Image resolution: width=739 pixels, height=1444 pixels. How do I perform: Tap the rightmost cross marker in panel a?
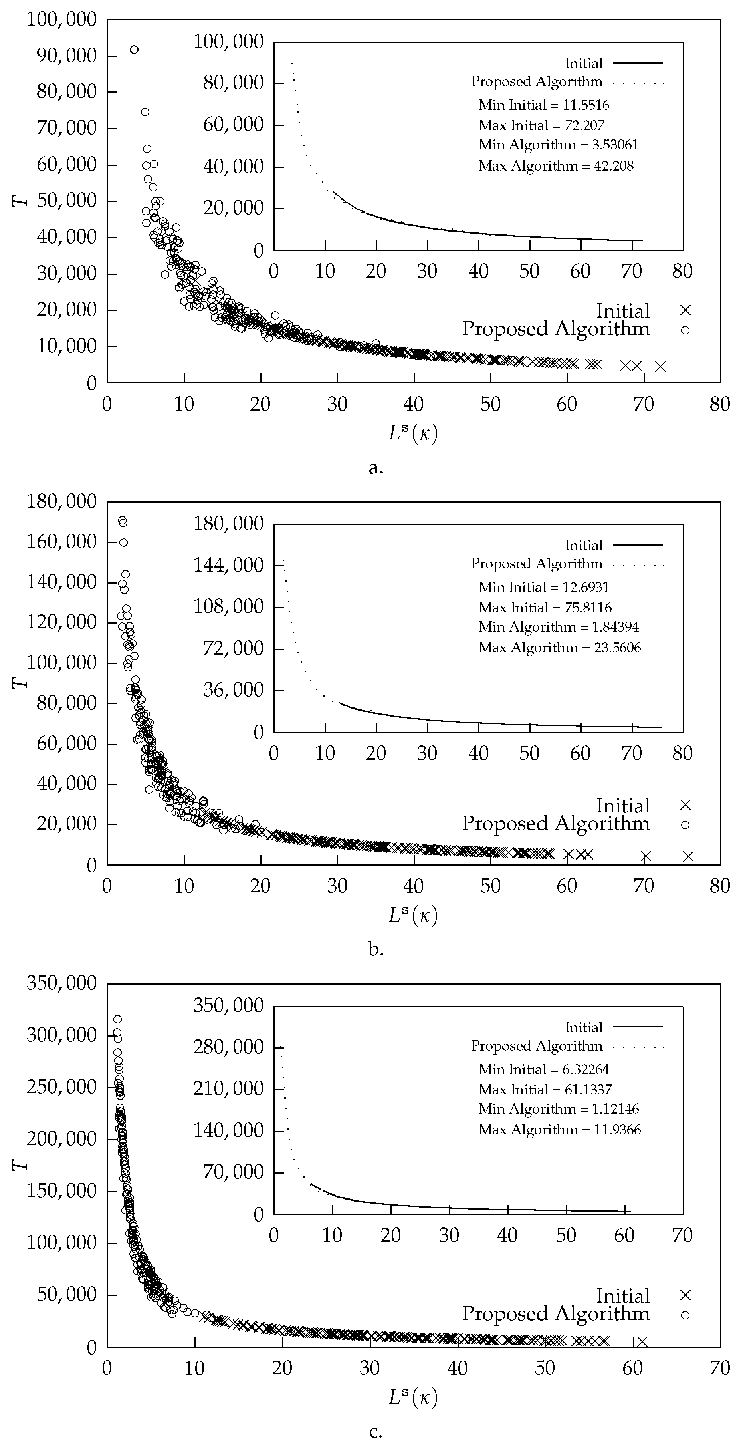[x=661, y=367]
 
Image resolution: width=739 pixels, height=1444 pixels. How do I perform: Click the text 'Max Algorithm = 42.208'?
[x=556, y=166]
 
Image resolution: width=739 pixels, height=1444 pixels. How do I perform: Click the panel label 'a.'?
[x=376, y=467]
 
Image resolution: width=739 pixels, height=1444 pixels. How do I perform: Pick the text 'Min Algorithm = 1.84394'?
[x=558, y=627]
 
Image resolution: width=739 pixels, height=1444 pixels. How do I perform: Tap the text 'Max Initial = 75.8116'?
[x=545, y=608]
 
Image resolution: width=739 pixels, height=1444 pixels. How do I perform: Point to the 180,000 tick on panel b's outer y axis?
[x=61, y=501]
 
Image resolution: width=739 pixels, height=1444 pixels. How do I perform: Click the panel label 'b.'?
[x=376, y=949]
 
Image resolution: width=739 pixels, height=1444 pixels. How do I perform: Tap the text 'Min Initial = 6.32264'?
[x=543, y=1069]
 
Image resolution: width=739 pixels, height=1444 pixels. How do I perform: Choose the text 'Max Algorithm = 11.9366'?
[x=559, y=1130]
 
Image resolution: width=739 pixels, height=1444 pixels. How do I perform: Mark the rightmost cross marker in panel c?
[x=642, y=1341]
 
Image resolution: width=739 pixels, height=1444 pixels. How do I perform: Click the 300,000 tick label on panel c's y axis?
[x=61, y=1035]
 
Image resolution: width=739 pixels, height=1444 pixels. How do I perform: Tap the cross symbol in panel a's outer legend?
[x=685, y=310]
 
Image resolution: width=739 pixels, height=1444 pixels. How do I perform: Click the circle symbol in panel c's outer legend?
[x=685, y=1315]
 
